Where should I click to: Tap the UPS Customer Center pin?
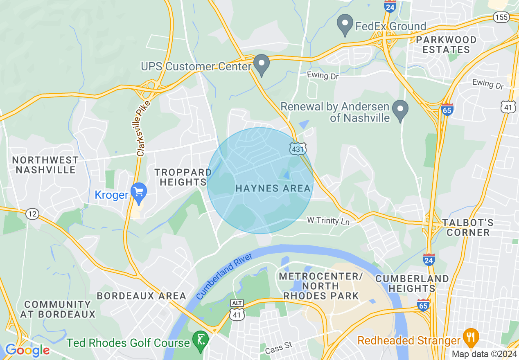pyautogui.click(x=261, y=65)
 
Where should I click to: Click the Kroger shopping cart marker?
pyautogui.click(x=139, y=193)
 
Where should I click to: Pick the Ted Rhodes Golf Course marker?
pyautogui.click(x=201, y=341)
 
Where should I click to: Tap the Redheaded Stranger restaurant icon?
pyautogui.click(x=471, y=338)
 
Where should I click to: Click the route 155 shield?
pyautogui.click(x=501, y=17)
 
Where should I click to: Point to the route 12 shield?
pyautogui.click(x=32, y=214)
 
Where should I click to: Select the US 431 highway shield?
pyautogui.click(x=297, y=149)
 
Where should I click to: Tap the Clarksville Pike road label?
pyautogui.click(x=144, y=128)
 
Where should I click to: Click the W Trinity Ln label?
pyautogui.click(x=329, y=221)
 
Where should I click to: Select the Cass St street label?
pyautogui.click(x=279, y=348)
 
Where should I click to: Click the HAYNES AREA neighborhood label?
pyautogui.click(x=273, y=189)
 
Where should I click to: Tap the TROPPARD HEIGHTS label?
pyautogui.click(x=183, y=178)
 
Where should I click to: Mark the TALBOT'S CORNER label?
pyautogui.click(x=468, y=228)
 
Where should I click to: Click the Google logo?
pyautogui.click(x=27, y=350)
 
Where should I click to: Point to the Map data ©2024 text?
pyautogui.click(x=484, y=354)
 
